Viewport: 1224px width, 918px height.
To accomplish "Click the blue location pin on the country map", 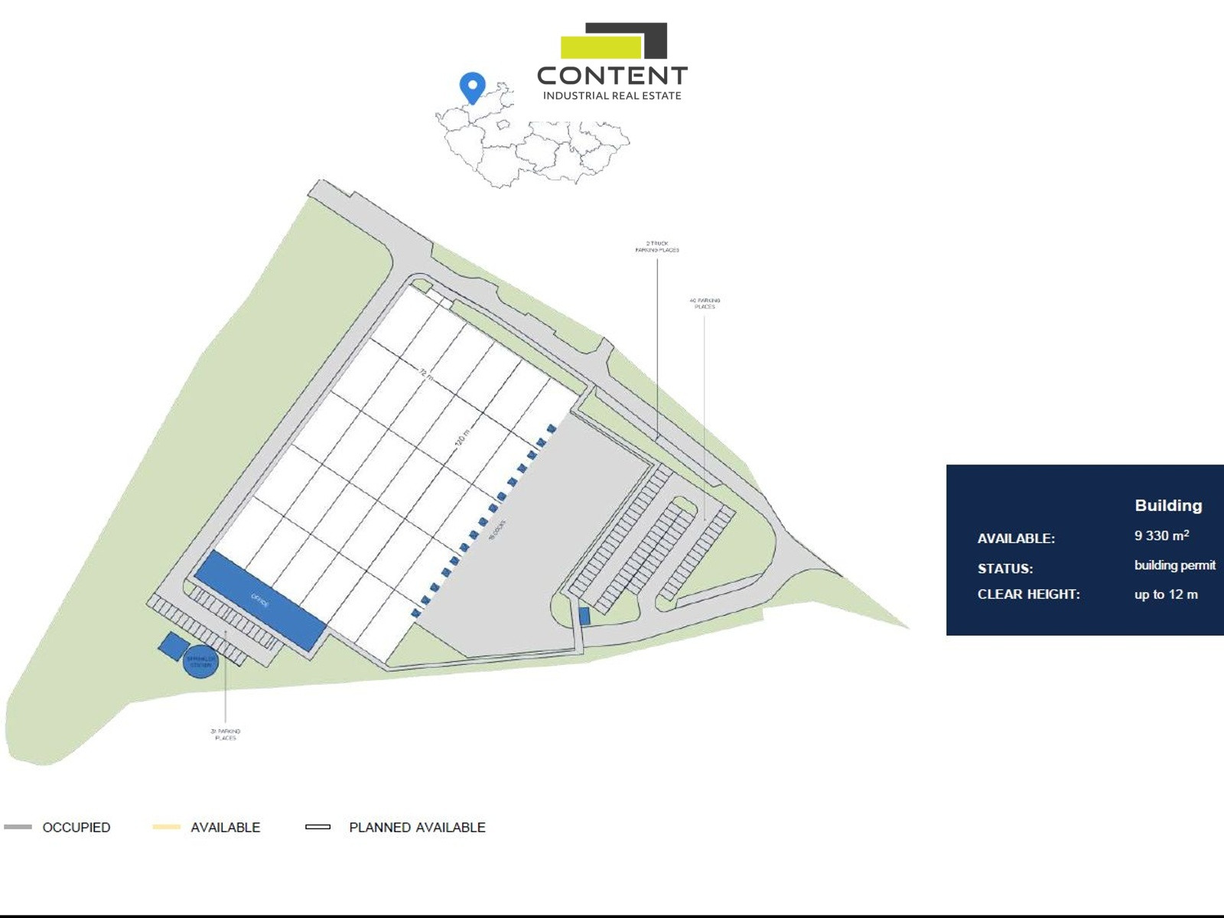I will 473,86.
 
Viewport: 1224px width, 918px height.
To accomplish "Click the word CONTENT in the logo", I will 612,75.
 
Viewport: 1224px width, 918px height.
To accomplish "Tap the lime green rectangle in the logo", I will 601,47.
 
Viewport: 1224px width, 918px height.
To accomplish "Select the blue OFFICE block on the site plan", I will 260,601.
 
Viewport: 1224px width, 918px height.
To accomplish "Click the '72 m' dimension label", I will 426,376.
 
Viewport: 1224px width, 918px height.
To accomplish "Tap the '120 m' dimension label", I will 461,438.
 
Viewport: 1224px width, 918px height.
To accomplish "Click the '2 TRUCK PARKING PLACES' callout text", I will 657,246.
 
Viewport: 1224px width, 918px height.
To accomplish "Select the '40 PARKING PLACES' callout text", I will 705,304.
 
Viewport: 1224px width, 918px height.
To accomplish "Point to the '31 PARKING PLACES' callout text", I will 226,734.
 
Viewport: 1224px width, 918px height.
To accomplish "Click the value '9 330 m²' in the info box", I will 1161,535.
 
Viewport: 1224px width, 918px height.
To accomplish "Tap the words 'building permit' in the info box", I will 1174,565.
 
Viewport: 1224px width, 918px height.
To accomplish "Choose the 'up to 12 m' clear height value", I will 1166,594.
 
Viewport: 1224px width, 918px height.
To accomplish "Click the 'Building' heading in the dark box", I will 1168,505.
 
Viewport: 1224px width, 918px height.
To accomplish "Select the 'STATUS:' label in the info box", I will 1004,568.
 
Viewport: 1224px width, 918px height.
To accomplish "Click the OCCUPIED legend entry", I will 76,827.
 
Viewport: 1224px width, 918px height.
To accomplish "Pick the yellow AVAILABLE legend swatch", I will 166,827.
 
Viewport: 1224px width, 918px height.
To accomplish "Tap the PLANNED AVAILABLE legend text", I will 417,827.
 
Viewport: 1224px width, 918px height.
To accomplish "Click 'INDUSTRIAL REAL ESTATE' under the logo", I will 612,96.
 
